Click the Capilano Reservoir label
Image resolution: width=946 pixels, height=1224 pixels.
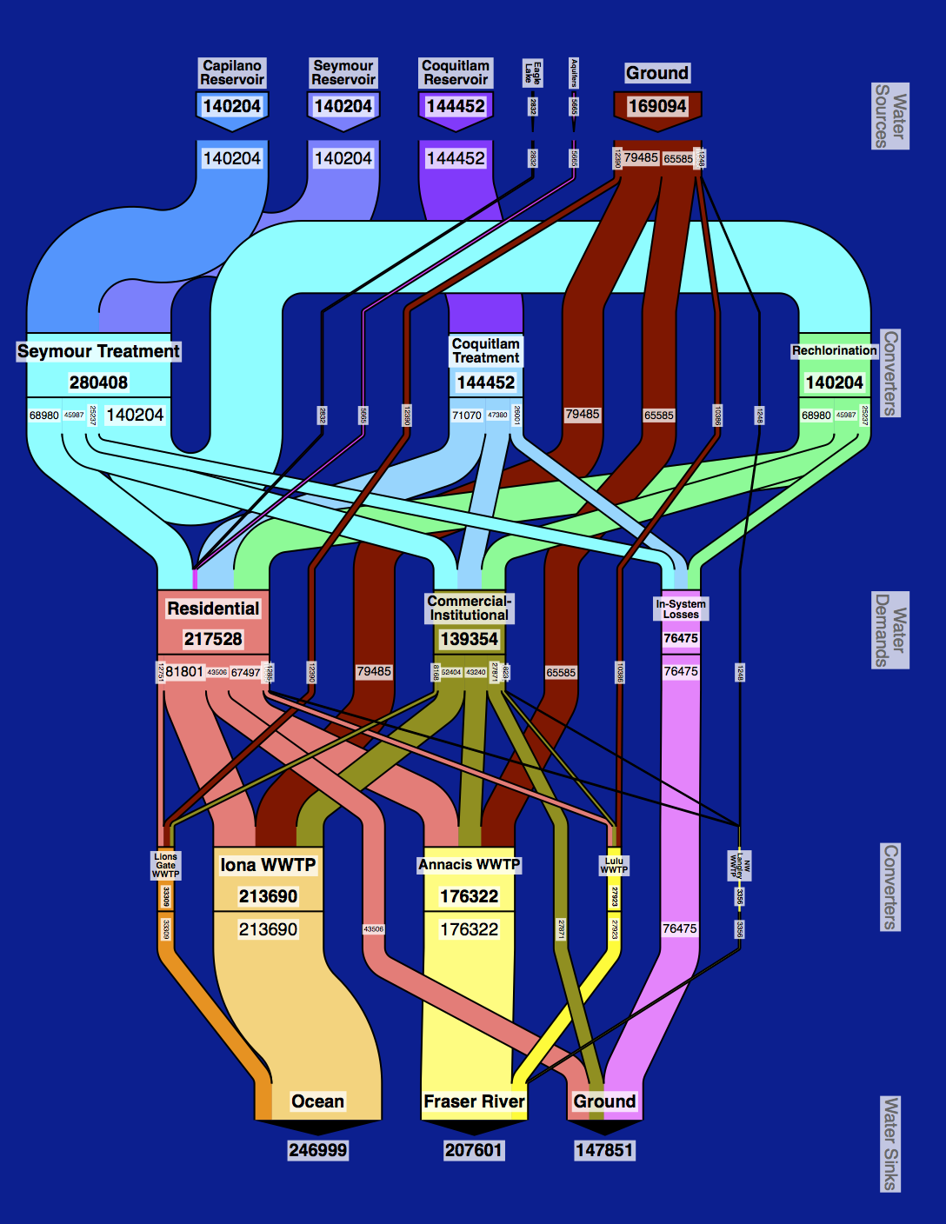(x=232, y=72)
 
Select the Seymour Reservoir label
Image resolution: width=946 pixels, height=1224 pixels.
(x=343, y=72)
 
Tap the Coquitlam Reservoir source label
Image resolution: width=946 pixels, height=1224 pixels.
(x=456, y=72)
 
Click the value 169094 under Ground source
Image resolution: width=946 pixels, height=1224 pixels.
(x=657, y=106)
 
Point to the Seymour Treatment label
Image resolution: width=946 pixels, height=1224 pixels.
(x=98, y=351)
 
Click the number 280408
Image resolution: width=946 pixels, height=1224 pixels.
(x=98, y=382)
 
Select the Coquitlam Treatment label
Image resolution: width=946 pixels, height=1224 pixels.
(x=486, y=350)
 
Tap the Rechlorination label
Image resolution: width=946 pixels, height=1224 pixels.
(x=834, y=350)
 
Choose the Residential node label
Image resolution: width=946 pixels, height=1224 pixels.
(x=213, y=609)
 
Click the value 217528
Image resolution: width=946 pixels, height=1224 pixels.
(x=213, y=639)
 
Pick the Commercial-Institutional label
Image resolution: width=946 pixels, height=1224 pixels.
(x=469, y=608)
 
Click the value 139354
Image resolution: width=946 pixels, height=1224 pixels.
(x=469, y=639)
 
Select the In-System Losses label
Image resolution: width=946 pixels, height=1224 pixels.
(x=681, y=609)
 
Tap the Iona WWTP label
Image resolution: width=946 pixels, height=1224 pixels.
(x=268, y=865)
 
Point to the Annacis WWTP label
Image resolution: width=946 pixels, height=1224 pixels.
(x=469, y=864)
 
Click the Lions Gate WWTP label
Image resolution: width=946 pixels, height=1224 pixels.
(x=165, y=865)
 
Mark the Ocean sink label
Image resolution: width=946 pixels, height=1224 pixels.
(x=317, y=1101)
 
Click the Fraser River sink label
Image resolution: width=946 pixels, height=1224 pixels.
(x=474, y=1101)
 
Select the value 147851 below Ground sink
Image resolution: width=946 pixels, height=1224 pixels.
(x=604, y=1150)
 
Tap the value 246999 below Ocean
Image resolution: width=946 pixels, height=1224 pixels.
(x=317, y=1150)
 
